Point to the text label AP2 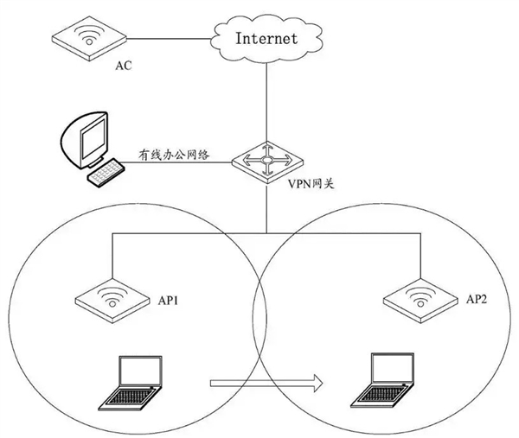(x=478, y=300)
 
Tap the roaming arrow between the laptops (x=264, y=381)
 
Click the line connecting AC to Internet (x=169, y=38)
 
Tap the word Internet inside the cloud (x=266, y=38)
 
